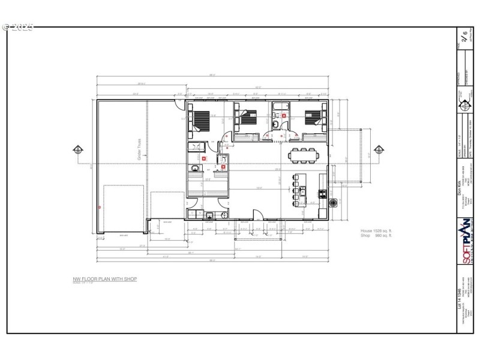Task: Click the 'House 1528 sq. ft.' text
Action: point(376,231)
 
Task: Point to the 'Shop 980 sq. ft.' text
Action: point(376,236)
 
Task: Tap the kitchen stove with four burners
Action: point(323,194)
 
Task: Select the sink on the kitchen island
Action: point(303,191)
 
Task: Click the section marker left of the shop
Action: point(77,150)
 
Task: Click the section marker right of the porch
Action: point(379,149)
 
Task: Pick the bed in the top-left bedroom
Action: point(201,118)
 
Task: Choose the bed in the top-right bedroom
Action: point(314,117)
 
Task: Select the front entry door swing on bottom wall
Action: point(257,214)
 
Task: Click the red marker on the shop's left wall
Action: point(100,207)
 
